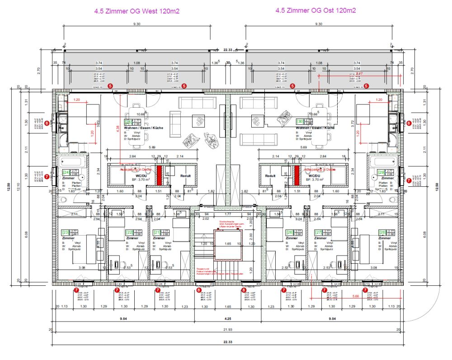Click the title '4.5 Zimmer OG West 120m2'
click(x=137, y=11)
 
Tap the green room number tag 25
click(x=128, y=122)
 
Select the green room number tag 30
click(x=299, y=122)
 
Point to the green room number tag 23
click(x=65, y=232)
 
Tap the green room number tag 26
click(x=290, y=232)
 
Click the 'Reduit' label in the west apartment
click(x=186, y=175)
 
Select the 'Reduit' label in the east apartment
click(x=270, y=175)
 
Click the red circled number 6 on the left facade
click(x=47, y=123)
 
